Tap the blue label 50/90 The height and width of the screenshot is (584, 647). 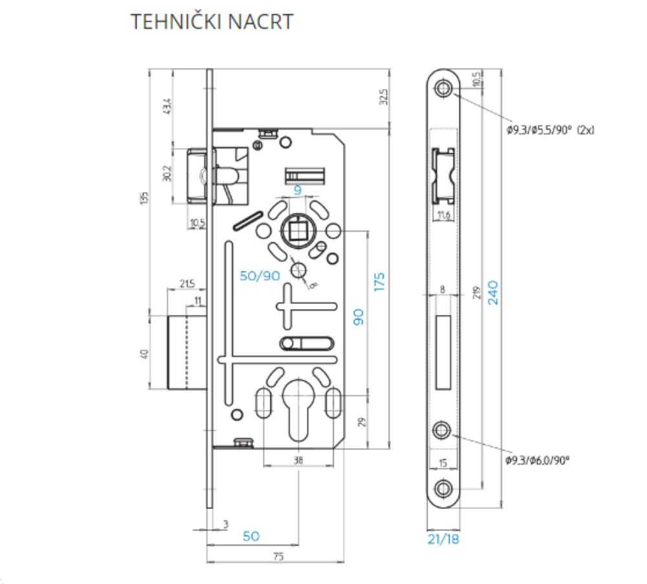pyautogui.click(x=259, y=276)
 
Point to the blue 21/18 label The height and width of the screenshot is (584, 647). pyautogui.click(x=443, y=539)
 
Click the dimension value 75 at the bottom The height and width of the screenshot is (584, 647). pyautogui.click(x=278, y=557)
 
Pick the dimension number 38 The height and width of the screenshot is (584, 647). pyautogui.click(x=299, y=460)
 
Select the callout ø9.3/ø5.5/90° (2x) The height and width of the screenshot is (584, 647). pyautogui.click(x=550, y=130)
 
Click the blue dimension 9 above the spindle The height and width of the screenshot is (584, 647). pyautogui.click(x=298, y=191)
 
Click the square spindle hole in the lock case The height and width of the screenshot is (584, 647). pyautogui.click(x=298, y=230)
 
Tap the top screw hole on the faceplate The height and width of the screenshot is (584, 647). pyautogui.click(x=443, y=89)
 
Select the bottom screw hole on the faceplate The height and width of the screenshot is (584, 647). pyautogui.click(x=443, y=488)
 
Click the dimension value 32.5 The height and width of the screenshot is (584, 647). pyautogui.click(x=384, y=97)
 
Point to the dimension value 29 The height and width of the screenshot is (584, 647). pyautogui.click(x=362, y=421)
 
